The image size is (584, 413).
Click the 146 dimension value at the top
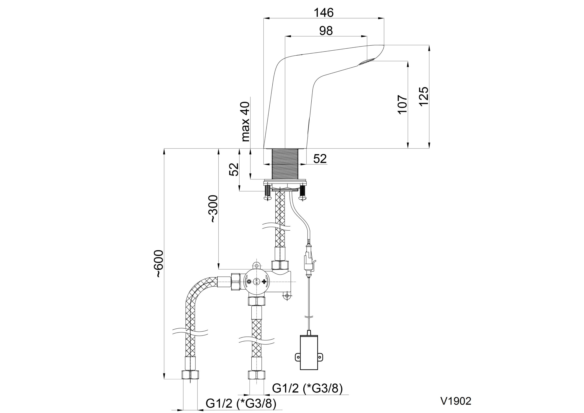323,13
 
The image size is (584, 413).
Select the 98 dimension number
326,31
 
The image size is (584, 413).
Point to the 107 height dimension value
403,104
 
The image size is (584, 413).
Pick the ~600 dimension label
159,263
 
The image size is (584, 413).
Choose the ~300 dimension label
213,209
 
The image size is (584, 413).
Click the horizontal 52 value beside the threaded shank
320,159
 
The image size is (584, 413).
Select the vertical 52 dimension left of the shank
234,169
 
